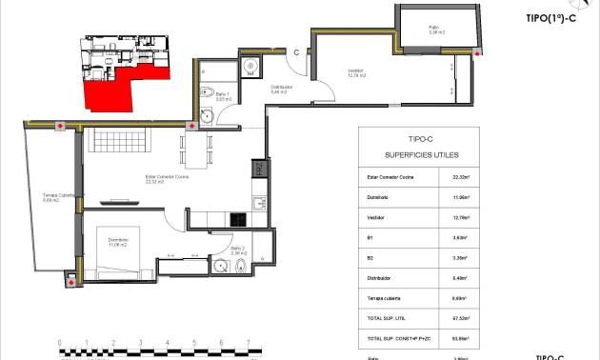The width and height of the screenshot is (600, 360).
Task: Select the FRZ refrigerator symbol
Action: [x=258, y=170]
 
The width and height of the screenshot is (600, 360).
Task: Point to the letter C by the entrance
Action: [x=298, y=53]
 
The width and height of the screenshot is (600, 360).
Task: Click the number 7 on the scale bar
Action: [x=248, y=343]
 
